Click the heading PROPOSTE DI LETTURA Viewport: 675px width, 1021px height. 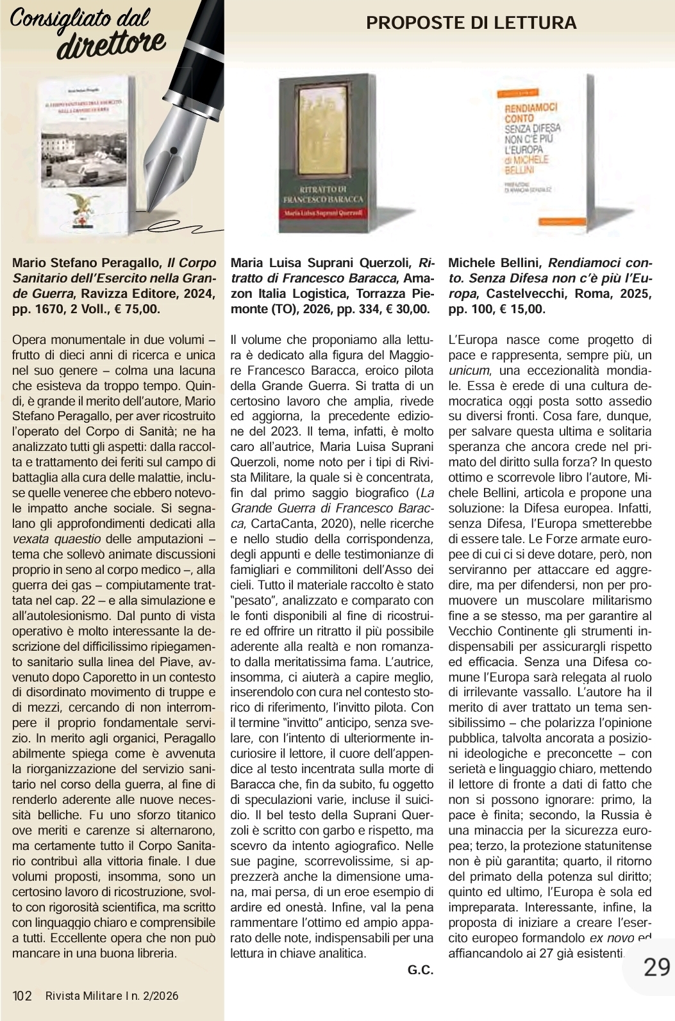[x=471, y=24]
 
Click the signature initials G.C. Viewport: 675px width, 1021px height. [x=421, y=970]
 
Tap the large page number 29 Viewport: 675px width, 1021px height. [x=656, y=967]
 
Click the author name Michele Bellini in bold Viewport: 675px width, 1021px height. [x=494, y=263]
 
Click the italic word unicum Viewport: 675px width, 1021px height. [x=469, y=371]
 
